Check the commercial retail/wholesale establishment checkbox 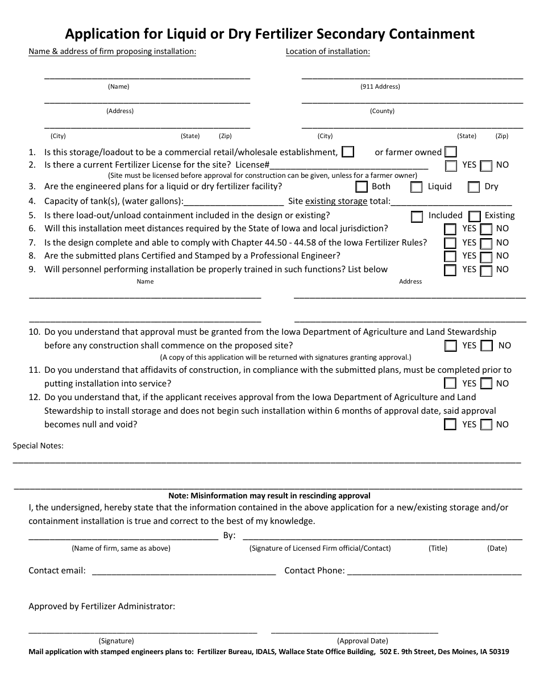pyautogui.click(x=348, y=152)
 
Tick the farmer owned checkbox pyautogui.click(x=451, y=152)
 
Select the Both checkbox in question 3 pyautogui.click(x=362, y=186)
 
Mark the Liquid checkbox pyautogui.click(x=417, y=186)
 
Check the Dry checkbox pyautogui.click(x=473, y=186)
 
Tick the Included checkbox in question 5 pyautogui.click(x=417, y=216)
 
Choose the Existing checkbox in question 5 pyautogui.click(x=473, y=216)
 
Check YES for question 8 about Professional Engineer pyautogui.click(x=450, y=257)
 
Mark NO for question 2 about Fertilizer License pyautogui.click(x=486, y=166)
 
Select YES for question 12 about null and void pyautogui.click(x=450, y=425)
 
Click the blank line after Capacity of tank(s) pyautogui.click(x=234, y=202)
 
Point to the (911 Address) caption pyautogui.click(x=380, y=87)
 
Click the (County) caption pyautogui.click(x=382, y=111)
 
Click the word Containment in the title pyautogui.click(x=431, y=34)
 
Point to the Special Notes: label pyautogui.click(x=38, y=446)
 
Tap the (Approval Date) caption pyautogui.click(x=362, y=640)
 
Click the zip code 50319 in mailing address pyautogui.click(x=498, y=652)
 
